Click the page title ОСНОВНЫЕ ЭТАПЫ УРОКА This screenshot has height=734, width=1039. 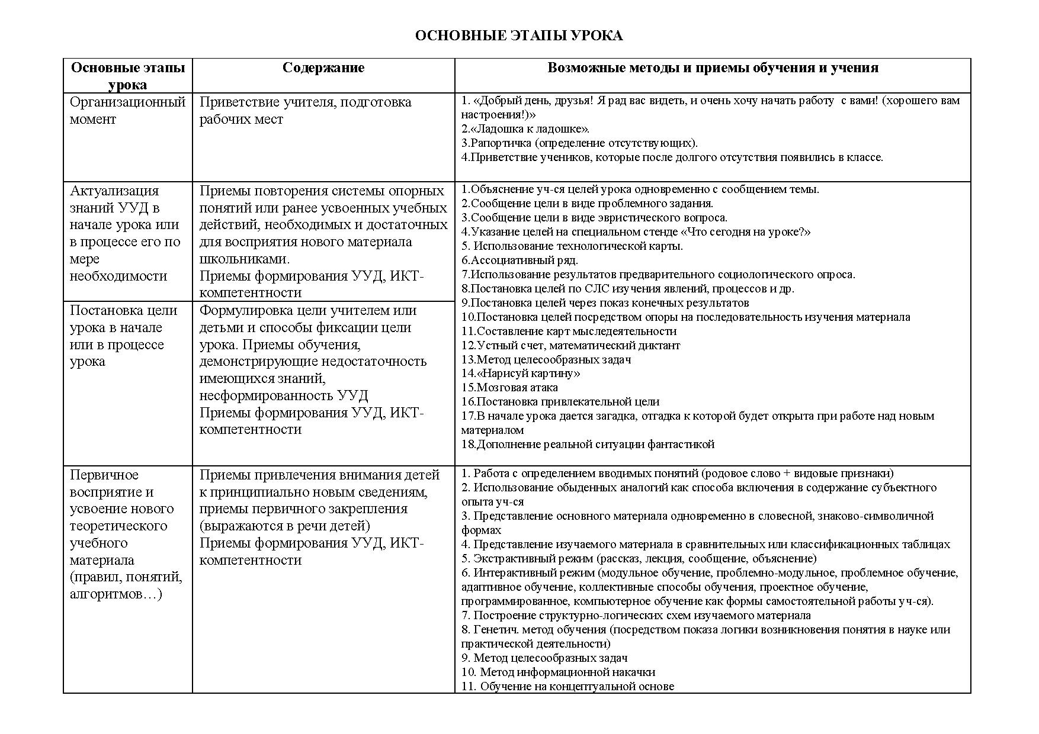pos(518,36)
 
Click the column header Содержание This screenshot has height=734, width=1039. pos(323,67)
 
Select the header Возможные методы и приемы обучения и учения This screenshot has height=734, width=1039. pos(712,67)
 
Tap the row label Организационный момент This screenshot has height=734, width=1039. pos(127,110)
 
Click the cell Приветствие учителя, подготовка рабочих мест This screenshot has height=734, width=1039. pos(305,110)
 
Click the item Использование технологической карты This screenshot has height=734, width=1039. pos(578,246)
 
